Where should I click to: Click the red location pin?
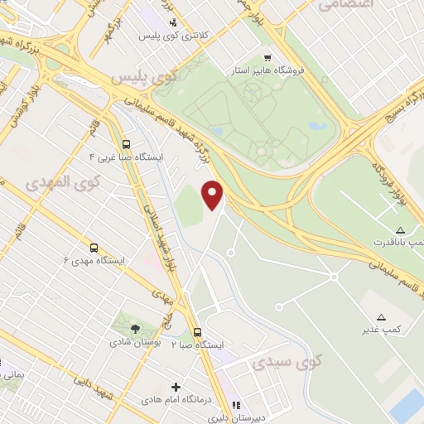214,194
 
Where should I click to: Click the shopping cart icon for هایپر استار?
267,57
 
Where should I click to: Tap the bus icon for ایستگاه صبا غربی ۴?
125,142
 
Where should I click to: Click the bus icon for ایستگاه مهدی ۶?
93,247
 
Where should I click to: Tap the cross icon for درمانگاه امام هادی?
176,387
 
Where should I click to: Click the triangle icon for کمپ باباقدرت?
401,229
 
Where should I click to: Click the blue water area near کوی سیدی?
407,407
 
